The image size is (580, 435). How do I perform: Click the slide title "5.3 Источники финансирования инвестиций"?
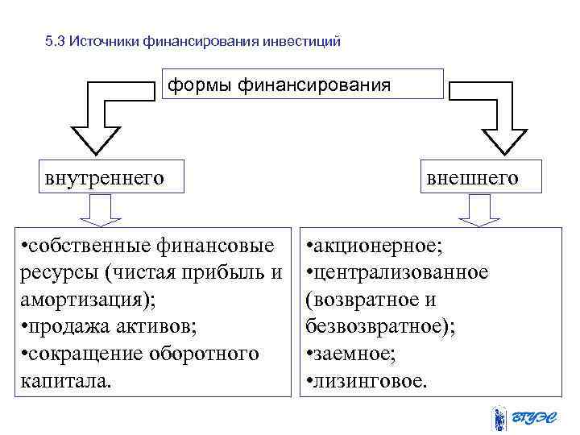coord(194,40)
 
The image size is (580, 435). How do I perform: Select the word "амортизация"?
coord(80,299)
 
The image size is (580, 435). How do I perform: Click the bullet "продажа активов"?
coord(109,326)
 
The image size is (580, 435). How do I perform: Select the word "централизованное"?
coord(400,271)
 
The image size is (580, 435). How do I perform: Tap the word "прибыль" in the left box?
coord(236,271)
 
